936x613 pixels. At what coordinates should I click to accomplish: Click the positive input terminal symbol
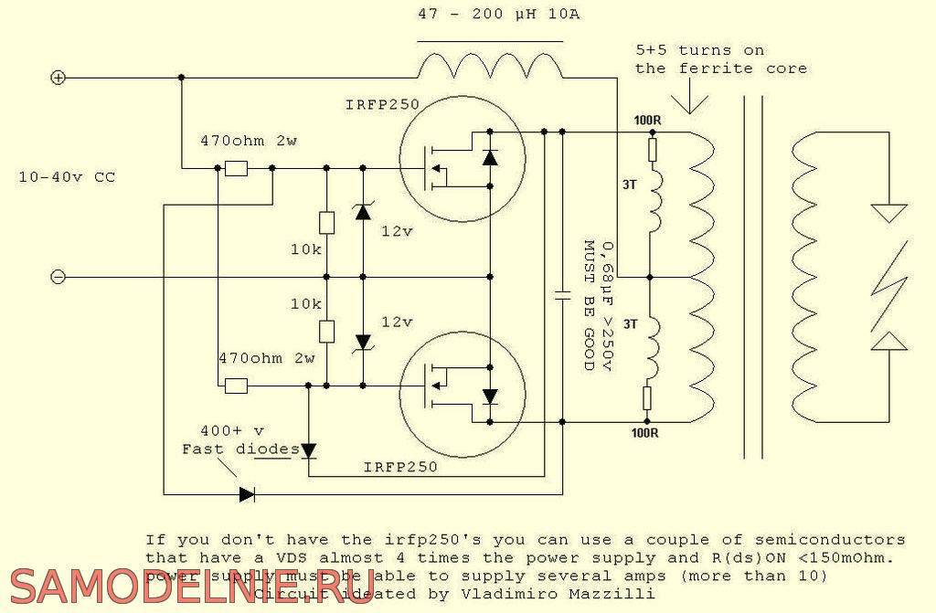[x=58, y=79]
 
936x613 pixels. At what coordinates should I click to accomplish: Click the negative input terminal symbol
[x=58, y=277]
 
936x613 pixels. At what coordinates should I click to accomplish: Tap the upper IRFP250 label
[x=382, y=105]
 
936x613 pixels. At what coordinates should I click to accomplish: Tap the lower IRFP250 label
[x=400, y=467]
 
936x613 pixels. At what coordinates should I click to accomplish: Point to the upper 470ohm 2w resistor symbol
[x=237, y=168]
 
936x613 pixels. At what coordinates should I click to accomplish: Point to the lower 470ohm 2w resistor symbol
[x=237, y=386]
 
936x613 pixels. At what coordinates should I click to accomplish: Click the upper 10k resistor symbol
[x=326, y=222]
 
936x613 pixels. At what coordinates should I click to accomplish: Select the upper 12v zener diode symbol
[x=363, y=212]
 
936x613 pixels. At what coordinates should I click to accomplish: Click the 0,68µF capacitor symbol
[x=562, y=295]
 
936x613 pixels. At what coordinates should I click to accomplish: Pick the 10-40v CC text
[x=67, y=177]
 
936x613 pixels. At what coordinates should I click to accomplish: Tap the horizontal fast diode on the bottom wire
[x=246, y=494]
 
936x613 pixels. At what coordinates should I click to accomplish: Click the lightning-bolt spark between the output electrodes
[x=888, y=283]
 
